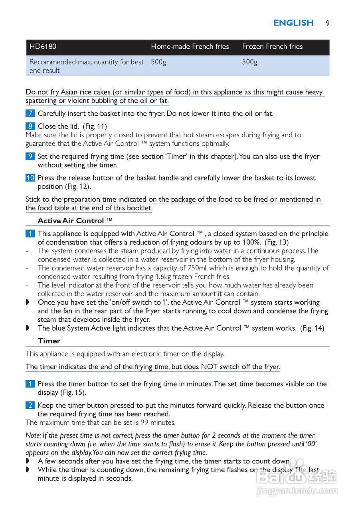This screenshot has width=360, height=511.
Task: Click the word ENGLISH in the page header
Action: tap(293, 23)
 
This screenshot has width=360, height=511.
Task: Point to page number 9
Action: tap(327, 23)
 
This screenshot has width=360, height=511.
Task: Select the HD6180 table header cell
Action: tap(43, 47)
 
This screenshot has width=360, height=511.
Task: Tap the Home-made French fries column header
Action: tap(190, 47)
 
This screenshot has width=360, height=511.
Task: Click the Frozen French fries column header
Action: tap(272, 47)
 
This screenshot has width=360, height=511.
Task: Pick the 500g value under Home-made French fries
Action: tap(158, 62)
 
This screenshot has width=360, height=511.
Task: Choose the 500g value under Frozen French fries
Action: tap(249, 62)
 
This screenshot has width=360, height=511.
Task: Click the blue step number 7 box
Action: tap(30, 114)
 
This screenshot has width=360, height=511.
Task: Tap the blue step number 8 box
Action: tap(30, 127)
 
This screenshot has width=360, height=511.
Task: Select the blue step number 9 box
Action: tap(30, 156)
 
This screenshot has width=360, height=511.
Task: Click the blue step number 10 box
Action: tap(30, 178)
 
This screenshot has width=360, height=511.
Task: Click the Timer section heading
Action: tap(49, 341)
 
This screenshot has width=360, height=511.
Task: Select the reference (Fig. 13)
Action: tap(277, 242)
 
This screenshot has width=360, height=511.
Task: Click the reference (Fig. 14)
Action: tap(312, 328)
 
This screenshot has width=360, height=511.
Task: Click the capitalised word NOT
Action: tap(209, 367)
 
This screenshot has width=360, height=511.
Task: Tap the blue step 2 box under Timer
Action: tap(30, 406)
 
